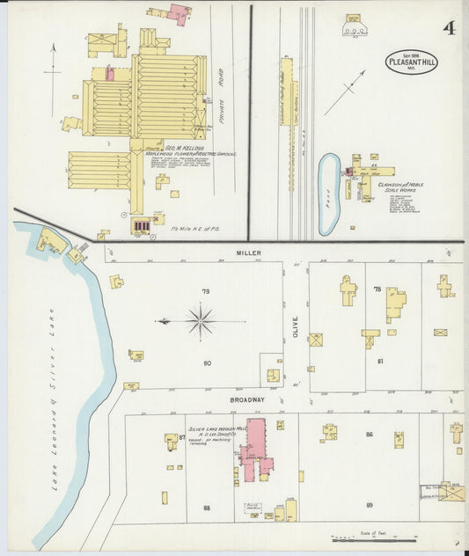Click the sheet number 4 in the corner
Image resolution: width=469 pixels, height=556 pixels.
click(449, 27)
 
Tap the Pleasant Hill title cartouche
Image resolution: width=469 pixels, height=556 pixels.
click(410, 62)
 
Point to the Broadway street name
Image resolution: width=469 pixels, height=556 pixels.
click(247, 399)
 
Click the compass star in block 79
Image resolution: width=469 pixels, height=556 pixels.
click(201, 321)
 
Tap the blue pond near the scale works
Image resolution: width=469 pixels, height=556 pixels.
click(328, 194)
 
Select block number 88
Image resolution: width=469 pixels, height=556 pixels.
click(207, 508)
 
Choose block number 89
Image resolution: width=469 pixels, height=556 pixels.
click(370, 504)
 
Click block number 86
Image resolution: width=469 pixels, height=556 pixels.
click(370, 435)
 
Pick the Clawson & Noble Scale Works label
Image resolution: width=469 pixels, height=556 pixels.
click(400, 187)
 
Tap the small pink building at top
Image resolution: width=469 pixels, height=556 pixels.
click(180, 13)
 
